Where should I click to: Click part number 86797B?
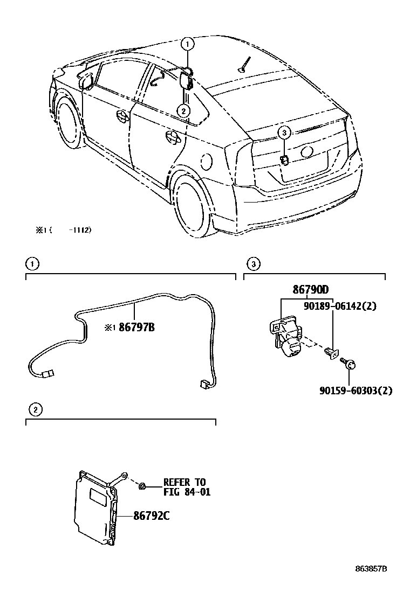click(136, 326)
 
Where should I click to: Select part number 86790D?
click(310, 290)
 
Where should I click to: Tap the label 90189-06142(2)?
click(340, 306)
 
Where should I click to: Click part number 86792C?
click(152, 516)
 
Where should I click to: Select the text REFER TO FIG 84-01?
click(187, 486)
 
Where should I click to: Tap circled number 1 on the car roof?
click(187, 44)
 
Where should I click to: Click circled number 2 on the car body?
click(184, 111)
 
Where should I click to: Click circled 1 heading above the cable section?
click(33, 263)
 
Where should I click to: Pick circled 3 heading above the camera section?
click(253, 263)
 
